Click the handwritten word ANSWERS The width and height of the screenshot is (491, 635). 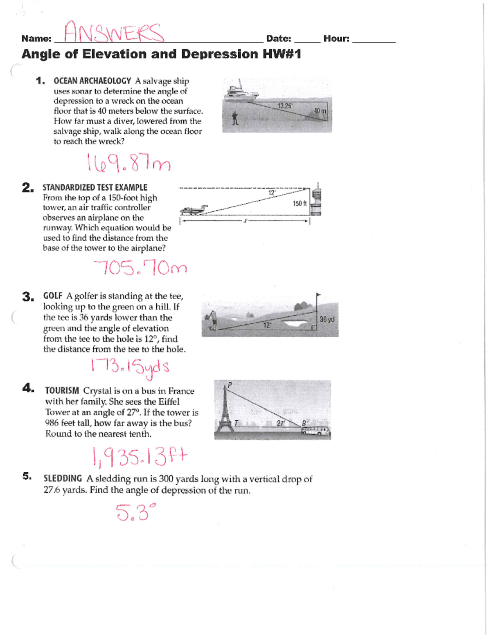point(114,32)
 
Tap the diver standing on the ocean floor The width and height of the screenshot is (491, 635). point(235,119)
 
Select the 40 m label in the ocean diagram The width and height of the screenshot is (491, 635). point(320,111)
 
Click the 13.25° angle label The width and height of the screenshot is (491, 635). point(285,105)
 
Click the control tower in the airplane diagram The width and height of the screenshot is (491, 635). point(316,200)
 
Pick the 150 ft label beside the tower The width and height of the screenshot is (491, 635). point(300,204)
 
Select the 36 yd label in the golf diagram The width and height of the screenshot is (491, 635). point(327,319)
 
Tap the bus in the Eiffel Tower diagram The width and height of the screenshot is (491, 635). point(315,431)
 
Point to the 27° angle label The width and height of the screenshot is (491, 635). point(280,424)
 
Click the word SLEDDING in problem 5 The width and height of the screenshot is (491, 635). point(63,478)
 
